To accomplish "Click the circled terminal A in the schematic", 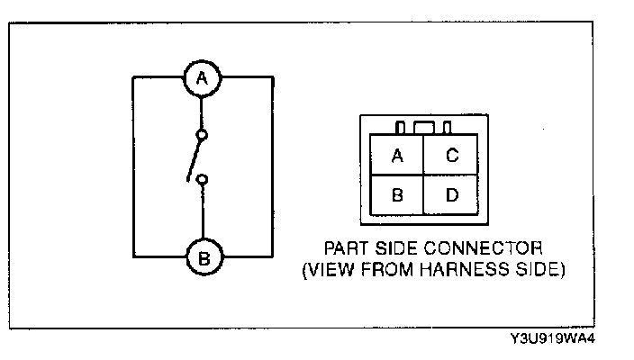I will [x=203, y=78].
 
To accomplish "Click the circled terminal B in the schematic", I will [x=203, y=257].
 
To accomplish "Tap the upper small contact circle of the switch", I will [x=203, y=135].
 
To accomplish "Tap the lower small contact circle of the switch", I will [x=203, y=179].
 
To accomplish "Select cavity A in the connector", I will [x=397, y=156].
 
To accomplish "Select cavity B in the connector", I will [x=397, y=195].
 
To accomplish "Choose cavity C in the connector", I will [x=452, y=156].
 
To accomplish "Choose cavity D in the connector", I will [x=452, y=195].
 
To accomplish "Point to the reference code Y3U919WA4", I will [x=553, y=339].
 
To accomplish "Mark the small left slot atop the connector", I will [x=400, y=128].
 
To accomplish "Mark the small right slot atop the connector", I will [x=447, y=128].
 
